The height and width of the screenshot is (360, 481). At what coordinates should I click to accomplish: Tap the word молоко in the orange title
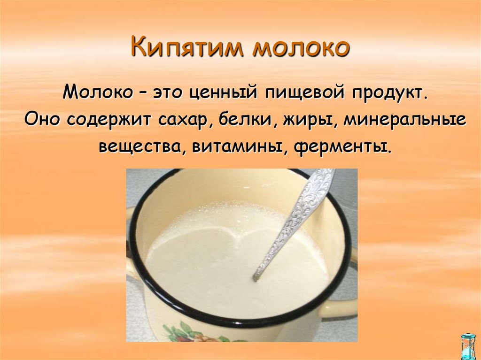coord(301,49)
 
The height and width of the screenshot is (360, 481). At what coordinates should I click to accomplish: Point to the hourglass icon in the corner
coord(467,346)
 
